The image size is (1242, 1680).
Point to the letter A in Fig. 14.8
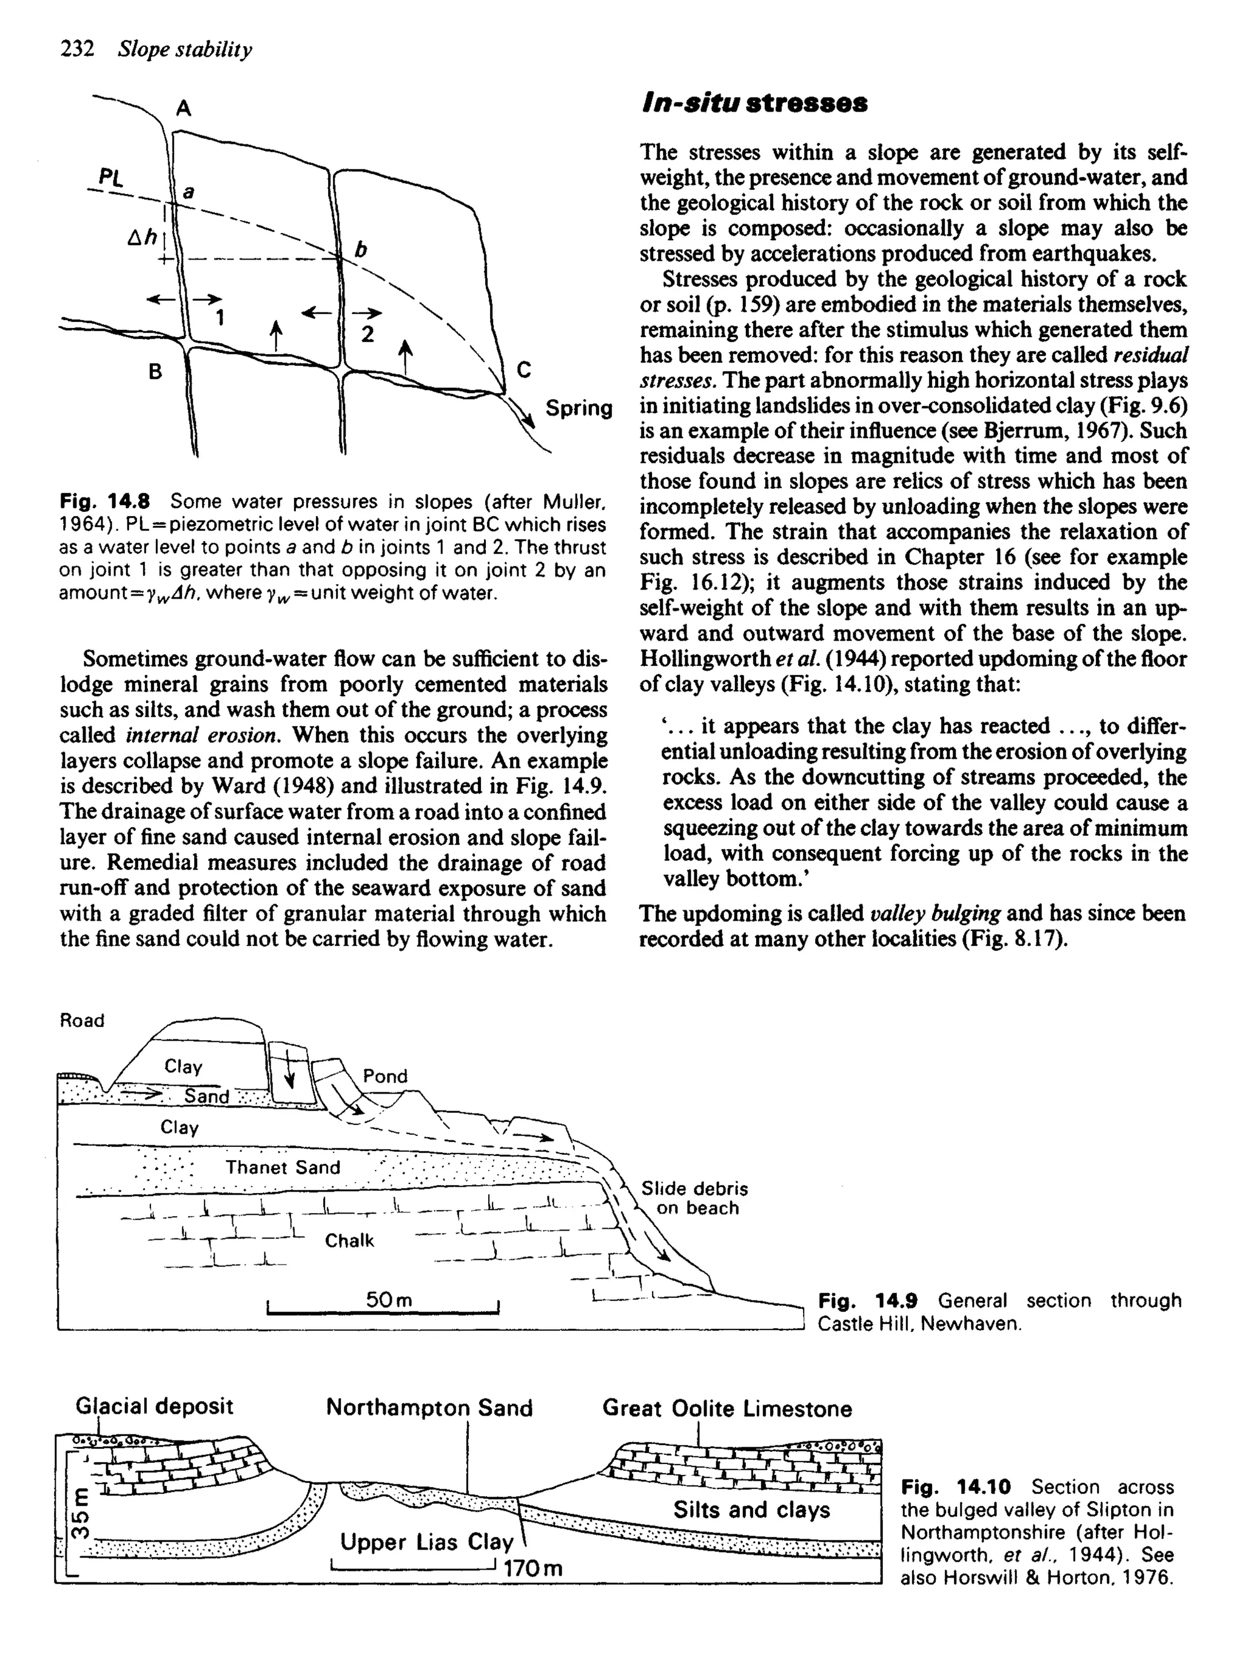tap(183, 109)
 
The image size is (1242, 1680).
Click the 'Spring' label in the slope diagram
tap(579, 408)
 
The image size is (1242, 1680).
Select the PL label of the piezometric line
tap(110, 178)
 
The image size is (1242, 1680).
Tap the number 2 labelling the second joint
tap(367, 334)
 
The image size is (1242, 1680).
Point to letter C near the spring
tap(524, 370)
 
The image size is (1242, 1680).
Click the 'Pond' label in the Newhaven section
tap(385, 1077)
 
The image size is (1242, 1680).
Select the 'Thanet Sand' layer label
tap(283, 1168)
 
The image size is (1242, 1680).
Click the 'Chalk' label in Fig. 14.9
tap(349, 1241)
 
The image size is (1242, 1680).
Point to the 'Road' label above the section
tap(82, 1020)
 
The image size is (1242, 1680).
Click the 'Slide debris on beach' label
tap(694, 1198)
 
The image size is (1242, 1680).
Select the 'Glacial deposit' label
tap(154, 1406)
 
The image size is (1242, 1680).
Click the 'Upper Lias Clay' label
tap(426, 1542)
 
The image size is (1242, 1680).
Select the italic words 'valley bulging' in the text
tap(935, 914)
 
